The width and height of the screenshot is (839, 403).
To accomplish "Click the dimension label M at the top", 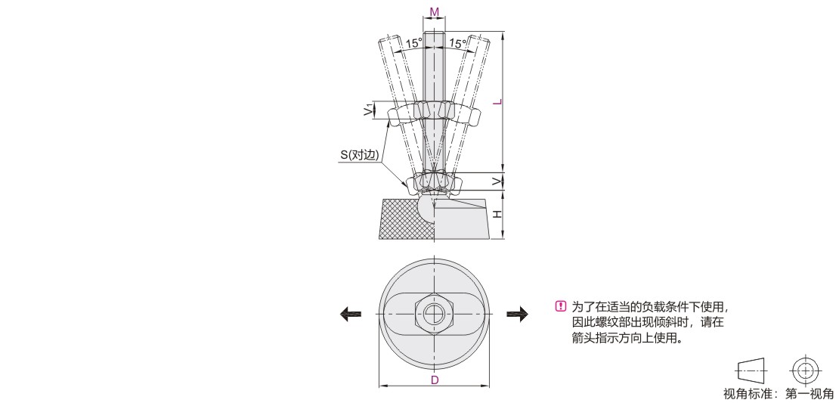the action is tap(435, 12).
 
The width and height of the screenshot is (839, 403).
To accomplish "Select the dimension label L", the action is tap(497, 102).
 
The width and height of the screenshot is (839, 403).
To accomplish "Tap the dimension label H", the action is tap(497, 214).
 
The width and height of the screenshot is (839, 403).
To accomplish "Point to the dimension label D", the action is tap(435, 380).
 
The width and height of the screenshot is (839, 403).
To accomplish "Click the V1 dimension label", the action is tap(367, 111).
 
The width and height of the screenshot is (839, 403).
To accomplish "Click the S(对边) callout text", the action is tap(360, 156).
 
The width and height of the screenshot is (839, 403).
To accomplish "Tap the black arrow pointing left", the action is tap(351, 314).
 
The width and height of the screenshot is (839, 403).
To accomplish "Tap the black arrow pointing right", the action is tap(518, 314).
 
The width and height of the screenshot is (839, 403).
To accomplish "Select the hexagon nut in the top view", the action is tap(435, 314).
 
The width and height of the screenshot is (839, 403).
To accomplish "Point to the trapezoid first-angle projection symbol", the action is tap(752, 370).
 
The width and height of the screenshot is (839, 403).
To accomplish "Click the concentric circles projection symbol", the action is tap(805, 370).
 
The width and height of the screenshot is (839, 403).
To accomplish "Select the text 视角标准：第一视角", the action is tap(778, 395).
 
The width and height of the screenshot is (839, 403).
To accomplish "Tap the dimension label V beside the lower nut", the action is tap(497, 182).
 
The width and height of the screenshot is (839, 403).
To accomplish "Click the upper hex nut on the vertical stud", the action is tap(435, 110).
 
